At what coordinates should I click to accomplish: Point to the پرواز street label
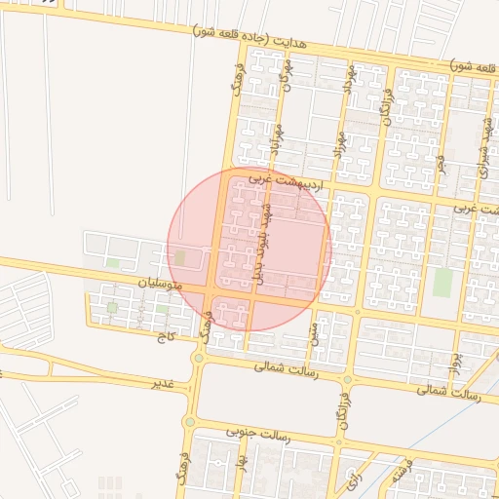pyautogui.click(x=454, y=362)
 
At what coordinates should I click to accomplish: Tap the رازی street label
pyautogui.click(x=351, y=478)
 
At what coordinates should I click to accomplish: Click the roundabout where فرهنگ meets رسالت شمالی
pyautogui.click(x=198, y=359)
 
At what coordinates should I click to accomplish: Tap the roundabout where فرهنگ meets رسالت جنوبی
pyautogui.click(x=190, y=422)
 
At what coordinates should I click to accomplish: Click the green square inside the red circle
pyautogui.click(x=179, y=257)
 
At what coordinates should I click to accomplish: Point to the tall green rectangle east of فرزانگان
pyautogui.click(x=442, y=282)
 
